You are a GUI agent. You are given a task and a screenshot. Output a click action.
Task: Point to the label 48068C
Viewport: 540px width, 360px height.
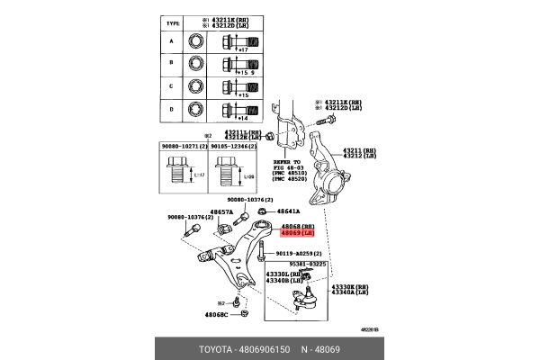(215, 314)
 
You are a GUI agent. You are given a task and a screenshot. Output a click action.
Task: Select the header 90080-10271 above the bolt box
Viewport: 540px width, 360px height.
(184, 146)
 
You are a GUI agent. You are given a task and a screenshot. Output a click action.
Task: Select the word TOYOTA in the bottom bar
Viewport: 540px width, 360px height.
(216, 346)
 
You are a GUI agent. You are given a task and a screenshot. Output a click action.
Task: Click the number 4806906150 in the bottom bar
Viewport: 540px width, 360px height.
(265, 346)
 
